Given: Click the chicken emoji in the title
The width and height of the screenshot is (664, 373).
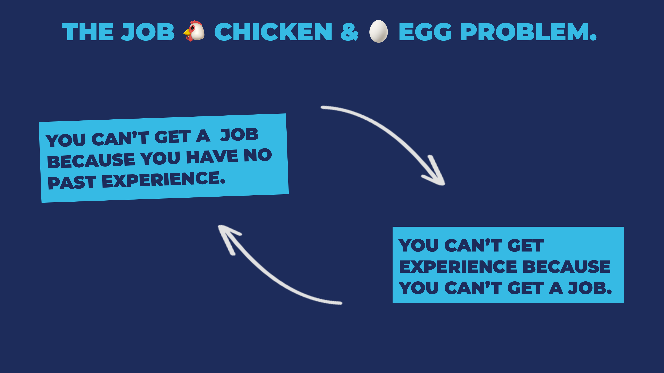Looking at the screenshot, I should point(195,31).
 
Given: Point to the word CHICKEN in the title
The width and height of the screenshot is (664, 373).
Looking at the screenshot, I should point(273,32).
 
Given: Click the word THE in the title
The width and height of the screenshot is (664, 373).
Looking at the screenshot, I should point(88,32).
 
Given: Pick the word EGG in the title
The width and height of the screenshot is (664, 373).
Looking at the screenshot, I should point(425,32).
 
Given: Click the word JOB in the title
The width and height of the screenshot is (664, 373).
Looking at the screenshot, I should point(148,32).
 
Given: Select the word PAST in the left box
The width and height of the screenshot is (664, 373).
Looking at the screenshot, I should point(72,183).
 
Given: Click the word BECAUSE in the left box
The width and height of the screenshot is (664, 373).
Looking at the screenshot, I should point(91,161).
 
